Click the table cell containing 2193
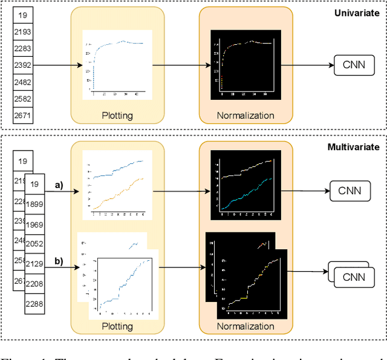click(22, 30)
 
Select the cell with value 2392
click(22, 65)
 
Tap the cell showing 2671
click(22, 116)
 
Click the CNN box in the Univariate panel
click(353, 65)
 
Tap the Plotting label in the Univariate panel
click(117, 116)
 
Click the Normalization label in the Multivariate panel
click(246, 326)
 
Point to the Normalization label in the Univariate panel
click(246, 116)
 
